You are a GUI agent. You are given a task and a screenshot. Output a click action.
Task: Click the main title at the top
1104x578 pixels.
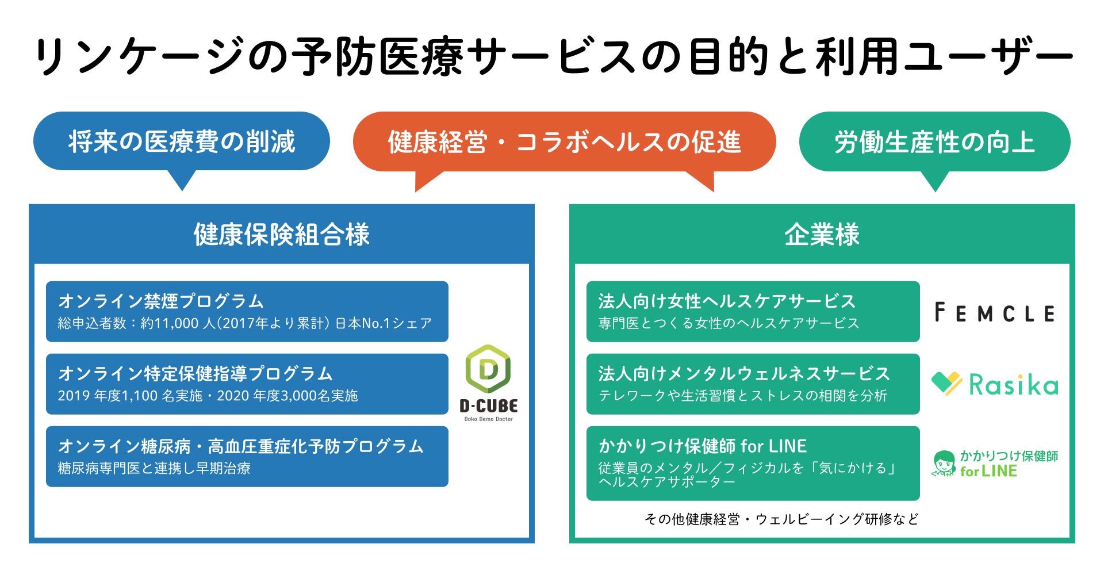click(x=552, y=56)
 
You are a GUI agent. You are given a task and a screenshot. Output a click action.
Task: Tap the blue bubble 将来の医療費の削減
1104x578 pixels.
click(x=182, y=141)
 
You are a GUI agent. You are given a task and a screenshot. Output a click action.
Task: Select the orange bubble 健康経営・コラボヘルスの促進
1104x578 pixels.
click(x=564, y=142)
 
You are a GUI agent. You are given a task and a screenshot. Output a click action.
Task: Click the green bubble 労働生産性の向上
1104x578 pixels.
click(x=934, y=142)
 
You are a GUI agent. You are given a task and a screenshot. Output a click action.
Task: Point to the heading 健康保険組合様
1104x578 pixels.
click(x=281, y=235)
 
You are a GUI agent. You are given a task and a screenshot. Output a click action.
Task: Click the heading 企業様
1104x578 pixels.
click(x=822, y=235)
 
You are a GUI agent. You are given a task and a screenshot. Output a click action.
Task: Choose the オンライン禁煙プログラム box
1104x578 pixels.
click(x=247, y=311)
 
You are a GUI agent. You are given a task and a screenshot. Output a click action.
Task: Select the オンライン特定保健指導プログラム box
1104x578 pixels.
click(x=247, y=384)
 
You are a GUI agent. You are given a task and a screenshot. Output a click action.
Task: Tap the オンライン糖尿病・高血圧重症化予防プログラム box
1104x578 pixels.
click(x=247, y=456)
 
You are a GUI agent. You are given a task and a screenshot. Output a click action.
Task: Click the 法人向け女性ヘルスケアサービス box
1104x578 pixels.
click(x=753, y=311)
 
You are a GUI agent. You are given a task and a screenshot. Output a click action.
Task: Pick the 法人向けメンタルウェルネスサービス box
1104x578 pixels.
click(x=753, y=384)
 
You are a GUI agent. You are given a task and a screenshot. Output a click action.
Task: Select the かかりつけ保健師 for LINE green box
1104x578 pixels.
click(x=753, y=463)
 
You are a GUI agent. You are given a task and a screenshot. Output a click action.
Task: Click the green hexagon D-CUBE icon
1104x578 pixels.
click(x=488, y=369)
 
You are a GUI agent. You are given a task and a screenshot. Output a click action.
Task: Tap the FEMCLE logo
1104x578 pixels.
click(x=995, y=313)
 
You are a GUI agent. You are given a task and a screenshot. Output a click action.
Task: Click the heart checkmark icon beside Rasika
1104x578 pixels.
click(x=946, y=384)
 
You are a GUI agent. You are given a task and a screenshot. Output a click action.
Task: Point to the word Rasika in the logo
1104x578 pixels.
click(x=1013, y=385)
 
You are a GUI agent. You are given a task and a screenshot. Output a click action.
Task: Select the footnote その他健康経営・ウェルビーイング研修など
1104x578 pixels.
click(x=781, y=519)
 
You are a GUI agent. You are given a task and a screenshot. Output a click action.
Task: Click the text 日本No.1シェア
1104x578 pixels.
click(x=383, y=323)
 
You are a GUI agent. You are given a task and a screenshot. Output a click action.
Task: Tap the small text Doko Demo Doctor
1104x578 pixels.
click(x=488, y=419)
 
